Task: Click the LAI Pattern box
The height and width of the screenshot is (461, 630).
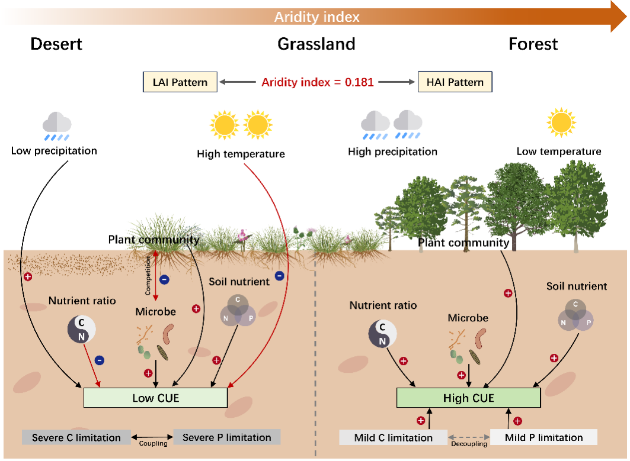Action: tap(179, 82)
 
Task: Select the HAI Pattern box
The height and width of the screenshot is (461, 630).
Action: tap(455, 82)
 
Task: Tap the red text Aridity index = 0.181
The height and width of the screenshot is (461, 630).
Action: tap(318, 82)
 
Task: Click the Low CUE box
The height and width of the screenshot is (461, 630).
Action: tap(155, 398)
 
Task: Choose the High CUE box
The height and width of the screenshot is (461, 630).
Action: tap(468, 398)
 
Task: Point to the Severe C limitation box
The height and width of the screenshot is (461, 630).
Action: tap(76, 438)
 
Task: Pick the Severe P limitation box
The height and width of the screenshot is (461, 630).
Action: tap(227, 438)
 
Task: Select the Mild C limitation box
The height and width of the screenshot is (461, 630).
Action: tap(394, 438)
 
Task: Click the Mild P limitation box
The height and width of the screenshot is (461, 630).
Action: tap(544, 438)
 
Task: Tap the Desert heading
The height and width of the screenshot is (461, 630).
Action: tap(56, 44)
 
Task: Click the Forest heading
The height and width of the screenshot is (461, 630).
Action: tap(533, 44)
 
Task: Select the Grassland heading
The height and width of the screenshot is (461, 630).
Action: tap(316, 44)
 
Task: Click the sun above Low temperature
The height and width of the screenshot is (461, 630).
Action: tap(561, 122)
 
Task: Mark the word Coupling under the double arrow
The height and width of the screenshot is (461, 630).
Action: tap(153, 443)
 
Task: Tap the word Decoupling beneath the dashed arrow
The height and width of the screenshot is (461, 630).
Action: tap(469, 443)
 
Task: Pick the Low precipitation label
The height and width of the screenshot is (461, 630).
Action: tap(54, 151)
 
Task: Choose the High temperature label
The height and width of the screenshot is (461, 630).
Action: tap(241, 154)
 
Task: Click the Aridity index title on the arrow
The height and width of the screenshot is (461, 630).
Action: tap(316, 17)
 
